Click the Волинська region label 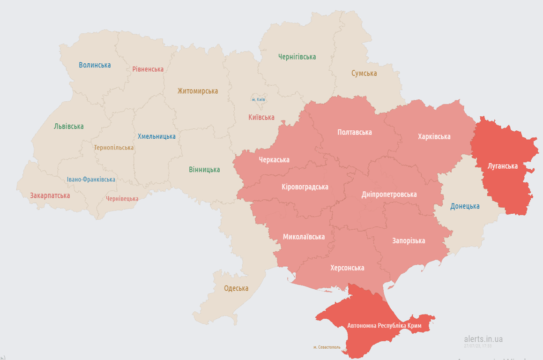pos(95,65)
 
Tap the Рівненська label pos(148,69)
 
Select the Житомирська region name pos(197,91)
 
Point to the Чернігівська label pos(297,57)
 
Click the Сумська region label pos(364,73)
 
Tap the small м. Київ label pos(258,99)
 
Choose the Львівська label pos(69,126)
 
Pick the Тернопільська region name pos(113,147)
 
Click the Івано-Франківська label pos(91,180)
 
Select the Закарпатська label pos(50,195)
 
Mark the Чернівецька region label pos(122,199)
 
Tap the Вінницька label pos(204,169)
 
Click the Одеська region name pos(236,288)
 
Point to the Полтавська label pos(354,132)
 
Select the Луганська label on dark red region pos(502,166)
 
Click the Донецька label pos(465,206)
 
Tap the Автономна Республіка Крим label pos(384,325)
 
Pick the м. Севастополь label pos(327,347)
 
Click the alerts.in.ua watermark pos(483,339)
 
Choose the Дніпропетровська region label pos(389,194)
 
